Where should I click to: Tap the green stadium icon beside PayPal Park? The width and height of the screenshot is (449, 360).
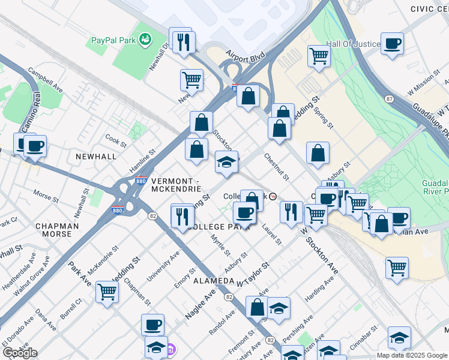click(x=144, y=40)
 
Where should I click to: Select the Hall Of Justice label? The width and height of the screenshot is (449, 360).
click(x=353, y=44)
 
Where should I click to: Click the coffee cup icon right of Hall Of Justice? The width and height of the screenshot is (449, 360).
click(x=392, y=44)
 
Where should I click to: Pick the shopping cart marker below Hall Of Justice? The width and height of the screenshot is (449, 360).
click(x=319, y=57)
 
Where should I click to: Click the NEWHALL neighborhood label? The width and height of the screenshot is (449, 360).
click(x=96, y=156)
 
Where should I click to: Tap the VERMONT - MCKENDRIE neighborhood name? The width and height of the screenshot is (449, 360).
click(x=176, y=185)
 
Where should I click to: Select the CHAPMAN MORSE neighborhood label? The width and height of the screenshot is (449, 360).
click(x=57, y=230)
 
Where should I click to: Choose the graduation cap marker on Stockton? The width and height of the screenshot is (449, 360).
click(x=226, y=163)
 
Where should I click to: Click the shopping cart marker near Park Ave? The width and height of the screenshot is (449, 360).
click(x=107, y=293)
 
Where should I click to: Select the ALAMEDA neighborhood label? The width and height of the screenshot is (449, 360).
click(x=213, y=281)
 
